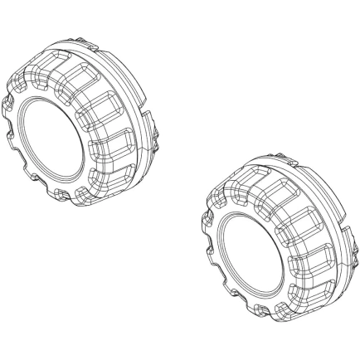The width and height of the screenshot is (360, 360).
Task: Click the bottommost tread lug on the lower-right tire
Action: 274,311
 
